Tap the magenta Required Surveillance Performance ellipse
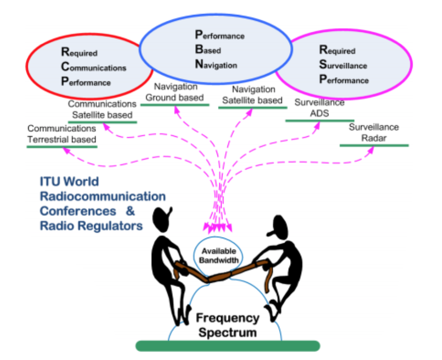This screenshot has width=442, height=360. (x=343, y=65)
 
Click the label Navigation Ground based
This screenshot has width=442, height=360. (x=174, y=92)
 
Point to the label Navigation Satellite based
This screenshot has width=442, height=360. (x=253, y=94)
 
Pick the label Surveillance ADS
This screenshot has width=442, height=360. (x=319, y=108)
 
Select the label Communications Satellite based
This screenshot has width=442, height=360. (x=102, y=109)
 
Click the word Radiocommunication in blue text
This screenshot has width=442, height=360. (x=102, y=196)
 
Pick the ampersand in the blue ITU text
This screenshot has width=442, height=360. (x=130, y=210)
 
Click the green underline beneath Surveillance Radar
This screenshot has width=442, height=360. (x=374, y=145)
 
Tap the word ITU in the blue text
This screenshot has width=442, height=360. (x=52, y=181)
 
